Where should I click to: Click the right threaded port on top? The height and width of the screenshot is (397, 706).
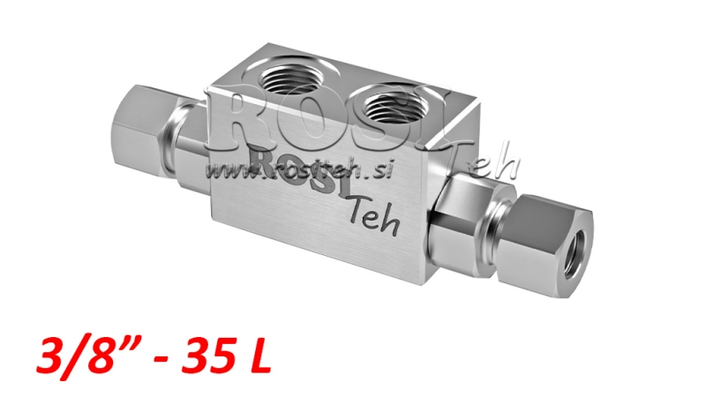(x=394, y=103)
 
